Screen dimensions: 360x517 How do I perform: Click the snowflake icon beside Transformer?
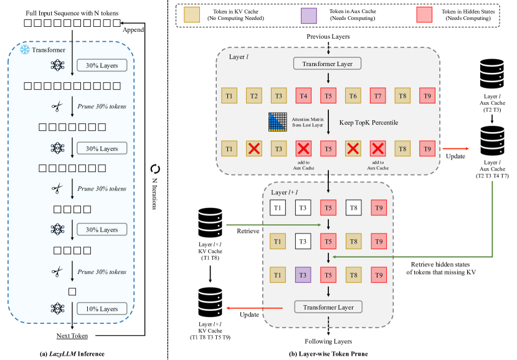click(x=25, y=49)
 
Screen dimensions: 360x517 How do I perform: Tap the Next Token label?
click(x=72, y=336)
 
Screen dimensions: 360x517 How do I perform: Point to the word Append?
click(x=133, y=29)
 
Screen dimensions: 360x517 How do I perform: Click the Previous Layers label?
click(x=327, y=37)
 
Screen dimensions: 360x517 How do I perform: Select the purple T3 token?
click(x=303, y=274)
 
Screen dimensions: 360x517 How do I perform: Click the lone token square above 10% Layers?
click(x=72, y=291)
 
